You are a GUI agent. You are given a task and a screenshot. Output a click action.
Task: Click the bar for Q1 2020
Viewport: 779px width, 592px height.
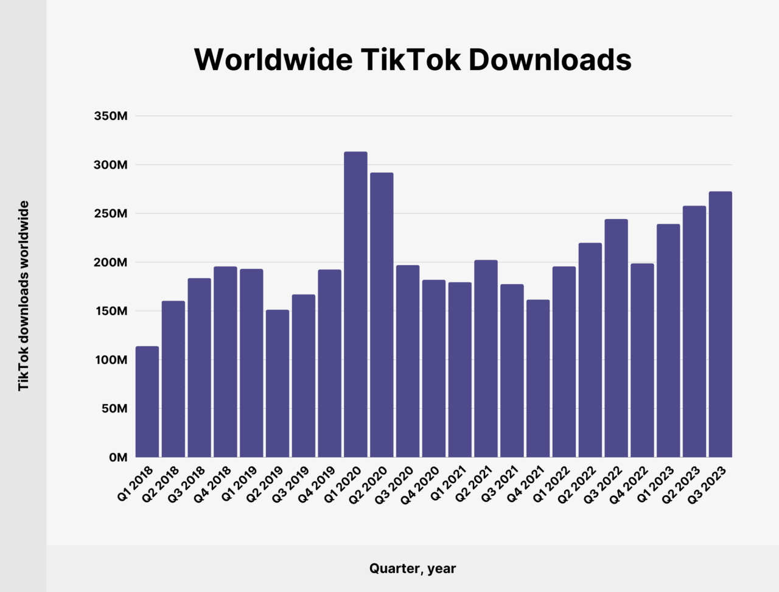[x=355, y=304]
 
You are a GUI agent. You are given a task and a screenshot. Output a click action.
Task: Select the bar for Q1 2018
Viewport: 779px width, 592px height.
[x=147, y=402]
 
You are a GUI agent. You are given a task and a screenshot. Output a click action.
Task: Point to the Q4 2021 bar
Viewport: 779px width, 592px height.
[x=538, y=378]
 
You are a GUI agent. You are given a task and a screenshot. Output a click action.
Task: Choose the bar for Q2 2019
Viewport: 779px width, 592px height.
[x=278, y=383]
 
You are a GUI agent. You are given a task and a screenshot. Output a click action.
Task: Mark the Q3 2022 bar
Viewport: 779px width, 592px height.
[x=616, y=338]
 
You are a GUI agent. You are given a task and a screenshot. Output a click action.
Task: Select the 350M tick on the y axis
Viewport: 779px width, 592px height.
[x=111, y=116]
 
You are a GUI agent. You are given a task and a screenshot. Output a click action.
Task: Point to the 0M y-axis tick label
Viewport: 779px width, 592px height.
[x=118, y=458]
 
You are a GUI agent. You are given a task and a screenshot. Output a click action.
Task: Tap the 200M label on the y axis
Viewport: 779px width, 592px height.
[x=111, y=263]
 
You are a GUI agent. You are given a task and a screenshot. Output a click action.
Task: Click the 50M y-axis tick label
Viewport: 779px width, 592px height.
[x=114, y=409]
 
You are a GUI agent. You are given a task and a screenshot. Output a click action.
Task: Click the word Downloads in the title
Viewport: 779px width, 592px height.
[x=550, y=60]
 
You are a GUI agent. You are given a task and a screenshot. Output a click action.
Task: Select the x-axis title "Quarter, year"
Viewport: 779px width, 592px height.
[x=413, y=569]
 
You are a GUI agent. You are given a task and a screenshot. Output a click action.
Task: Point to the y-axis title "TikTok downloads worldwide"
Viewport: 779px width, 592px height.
[x=24, y=296]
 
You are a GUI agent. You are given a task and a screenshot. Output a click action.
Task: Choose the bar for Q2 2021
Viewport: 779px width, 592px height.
[x=486, y=358]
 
